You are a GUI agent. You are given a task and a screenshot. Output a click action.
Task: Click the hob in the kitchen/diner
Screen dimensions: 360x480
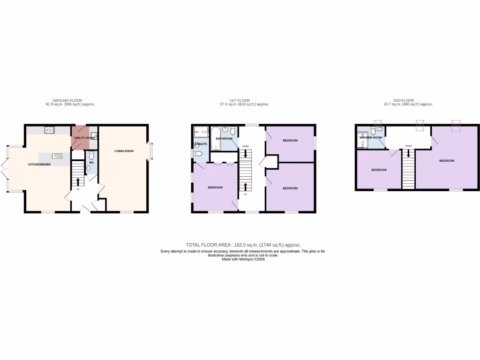coord(49,130)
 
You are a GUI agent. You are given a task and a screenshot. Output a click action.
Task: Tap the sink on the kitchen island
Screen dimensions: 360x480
coord(57,156)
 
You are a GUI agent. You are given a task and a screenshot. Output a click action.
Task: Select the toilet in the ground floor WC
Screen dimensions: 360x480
coord(92,155)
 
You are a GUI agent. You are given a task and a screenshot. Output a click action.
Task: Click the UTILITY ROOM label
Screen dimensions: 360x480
coord(84,138)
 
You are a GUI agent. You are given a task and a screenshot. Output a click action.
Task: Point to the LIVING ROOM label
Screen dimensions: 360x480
coord(124,151)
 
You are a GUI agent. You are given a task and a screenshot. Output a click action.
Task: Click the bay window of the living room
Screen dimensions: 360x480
coord(150,151)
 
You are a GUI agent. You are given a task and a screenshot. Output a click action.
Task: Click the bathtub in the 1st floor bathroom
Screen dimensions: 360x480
coord(215,138)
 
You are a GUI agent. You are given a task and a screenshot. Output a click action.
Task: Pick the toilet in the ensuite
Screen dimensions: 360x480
coord(198,154)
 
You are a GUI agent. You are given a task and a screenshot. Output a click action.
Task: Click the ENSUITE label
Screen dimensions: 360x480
coord(200,144)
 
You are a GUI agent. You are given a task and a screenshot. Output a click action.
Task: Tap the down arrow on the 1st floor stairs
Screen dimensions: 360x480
coord(246,154)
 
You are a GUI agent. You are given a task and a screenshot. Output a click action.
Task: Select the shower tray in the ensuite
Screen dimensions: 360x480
coord(200,131)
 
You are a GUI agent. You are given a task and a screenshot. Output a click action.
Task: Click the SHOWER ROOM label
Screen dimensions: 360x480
coord(370,138)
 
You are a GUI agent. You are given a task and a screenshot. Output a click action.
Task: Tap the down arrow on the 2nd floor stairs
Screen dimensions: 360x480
coord(408,153)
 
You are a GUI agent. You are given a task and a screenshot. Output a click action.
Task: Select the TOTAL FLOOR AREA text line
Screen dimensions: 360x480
coord(243,245)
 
